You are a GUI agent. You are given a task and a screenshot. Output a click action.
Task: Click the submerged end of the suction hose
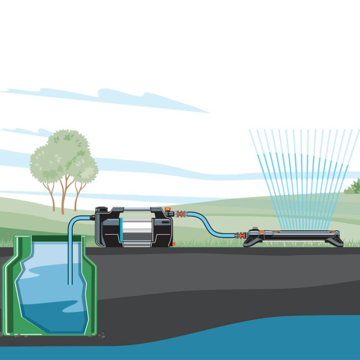(x=70, y=282)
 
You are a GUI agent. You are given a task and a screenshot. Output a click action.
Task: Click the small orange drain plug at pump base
(x=174, y=243)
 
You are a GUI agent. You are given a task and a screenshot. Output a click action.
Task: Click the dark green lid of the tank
(x=50, y=238)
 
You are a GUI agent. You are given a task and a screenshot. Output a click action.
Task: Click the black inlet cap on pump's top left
(x=100, y=209)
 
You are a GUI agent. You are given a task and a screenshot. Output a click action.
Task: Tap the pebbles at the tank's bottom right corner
(x=102, y=336)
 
